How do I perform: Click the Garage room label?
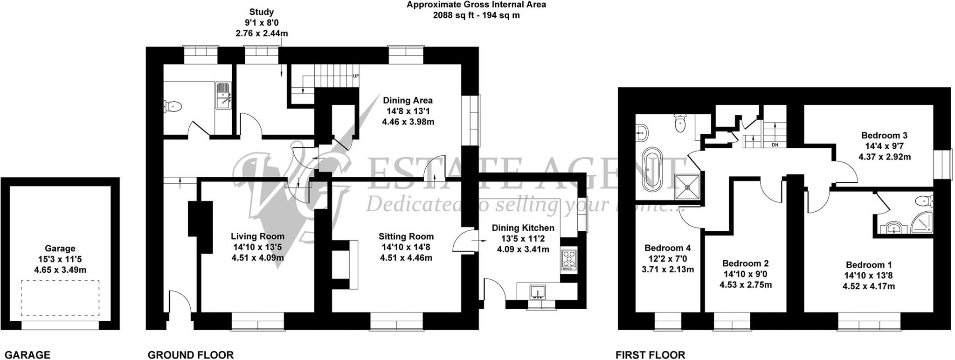coord(60,249)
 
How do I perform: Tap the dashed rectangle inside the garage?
coord(60,298)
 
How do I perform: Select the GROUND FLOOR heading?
coord(190,355)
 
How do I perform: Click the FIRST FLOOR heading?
coord(650,355)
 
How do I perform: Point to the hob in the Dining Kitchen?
coord(569,260)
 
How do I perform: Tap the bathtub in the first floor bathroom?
coord(652,169)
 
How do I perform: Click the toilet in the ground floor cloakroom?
coord(173,106)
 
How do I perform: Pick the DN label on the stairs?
coord(775,145)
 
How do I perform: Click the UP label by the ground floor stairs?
coord(356,76)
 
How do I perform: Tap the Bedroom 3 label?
coord(884,136)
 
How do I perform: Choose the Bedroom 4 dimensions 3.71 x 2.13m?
coord(667,270)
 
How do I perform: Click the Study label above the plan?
coord(261,12)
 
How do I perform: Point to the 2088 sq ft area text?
coord(476,15)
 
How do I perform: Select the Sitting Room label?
coord(406,236)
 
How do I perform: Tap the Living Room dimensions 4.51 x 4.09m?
coord(257,257)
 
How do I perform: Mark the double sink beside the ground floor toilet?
coord(223,95)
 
